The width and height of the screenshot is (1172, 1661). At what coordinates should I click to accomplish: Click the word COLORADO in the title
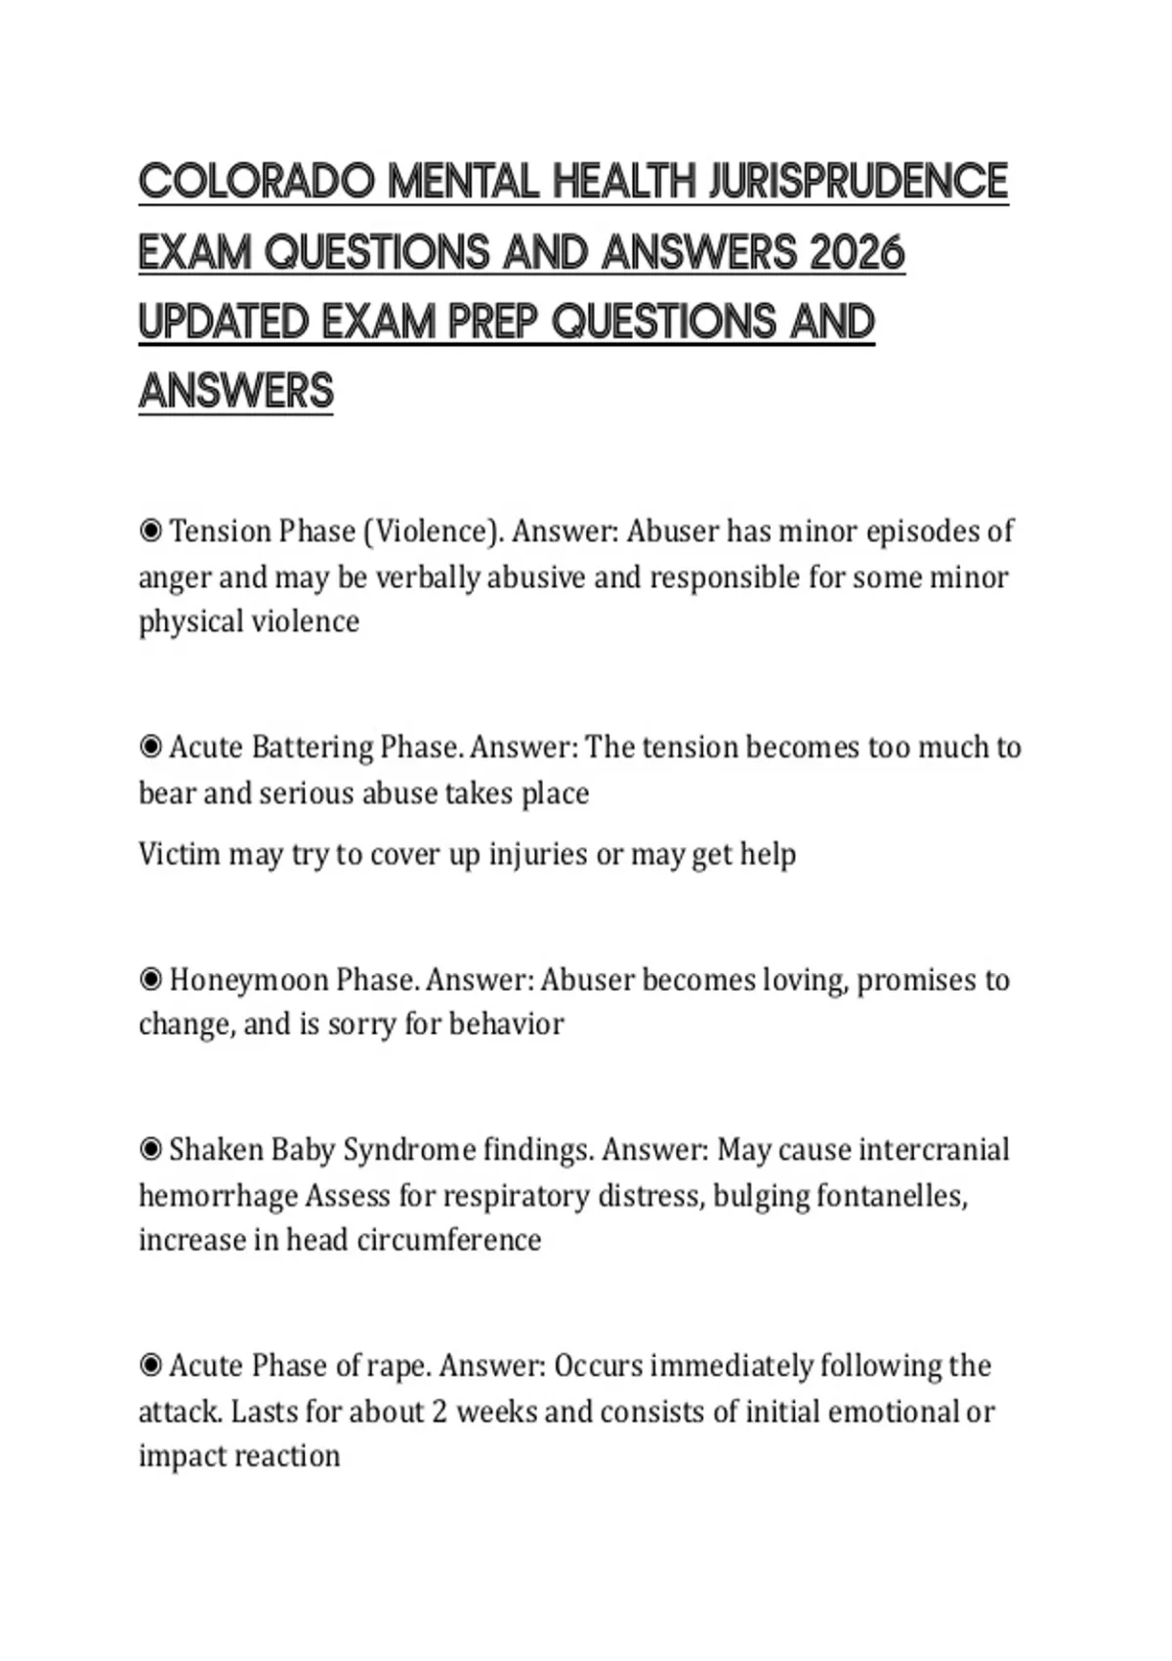click(x=257, y=182)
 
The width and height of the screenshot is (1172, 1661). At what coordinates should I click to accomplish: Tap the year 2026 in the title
click(x=857, y=252)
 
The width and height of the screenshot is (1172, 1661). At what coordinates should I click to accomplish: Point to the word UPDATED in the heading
click(x=224, y=321)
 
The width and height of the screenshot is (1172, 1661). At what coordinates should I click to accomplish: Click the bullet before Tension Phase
click(x=150, y=532)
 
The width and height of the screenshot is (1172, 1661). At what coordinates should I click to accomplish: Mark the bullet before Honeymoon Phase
click(x=150, y=979)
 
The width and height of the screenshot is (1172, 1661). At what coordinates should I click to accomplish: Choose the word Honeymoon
click(x=248, y=979)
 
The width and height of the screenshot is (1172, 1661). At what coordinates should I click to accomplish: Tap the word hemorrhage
click(x=218, y=1196)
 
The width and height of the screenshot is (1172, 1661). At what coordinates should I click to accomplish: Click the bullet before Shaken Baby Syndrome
click(x=150, y=1150)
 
